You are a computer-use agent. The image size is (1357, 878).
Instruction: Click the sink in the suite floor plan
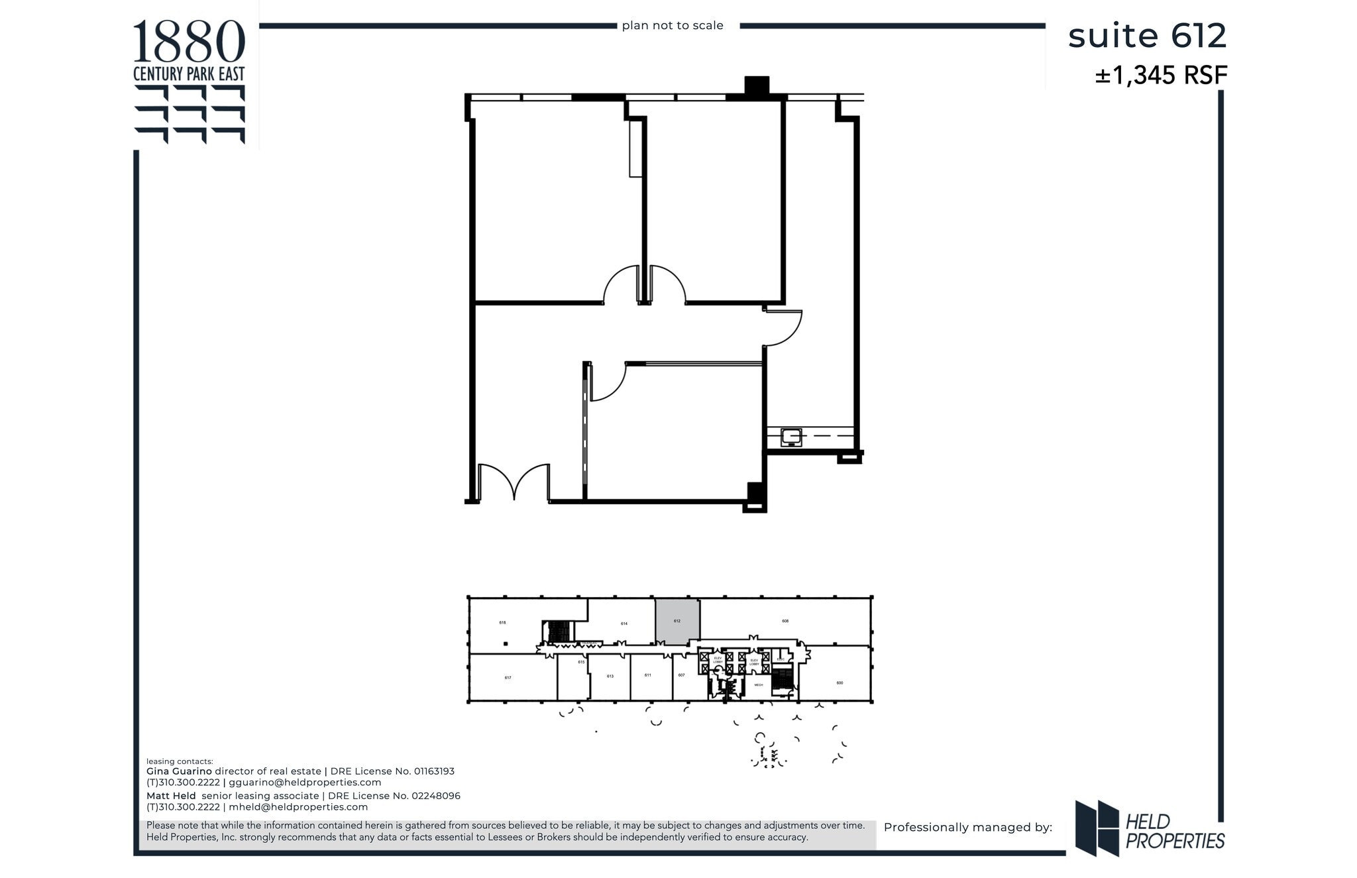(791, 437)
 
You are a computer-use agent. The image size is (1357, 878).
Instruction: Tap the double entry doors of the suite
(514, 482)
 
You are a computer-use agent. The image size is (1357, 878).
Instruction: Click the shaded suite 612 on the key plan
(677, 621)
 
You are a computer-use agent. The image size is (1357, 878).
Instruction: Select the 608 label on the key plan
(785, 621)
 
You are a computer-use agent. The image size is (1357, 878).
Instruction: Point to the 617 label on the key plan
(508, 678)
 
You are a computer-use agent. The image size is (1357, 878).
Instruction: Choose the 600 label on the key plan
(840, 683)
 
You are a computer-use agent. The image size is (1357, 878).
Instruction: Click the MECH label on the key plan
(759, 685)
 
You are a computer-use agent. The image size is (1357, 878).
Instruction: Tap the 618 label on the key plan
(502, 622)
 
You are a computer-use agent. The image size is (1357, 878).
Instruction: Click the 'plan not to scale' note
(673, 26)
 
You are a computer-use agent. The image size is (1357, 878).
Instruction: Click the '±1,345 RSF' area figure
(1161, 76)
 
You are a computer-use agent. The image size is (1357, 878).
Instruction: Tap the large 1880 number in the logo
(189, 41)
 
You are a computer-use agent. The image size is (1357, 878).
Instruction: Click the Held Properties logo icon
(1097, 828)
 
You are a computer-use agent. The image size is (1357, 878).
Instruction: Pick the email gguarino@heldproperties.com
(305, 782)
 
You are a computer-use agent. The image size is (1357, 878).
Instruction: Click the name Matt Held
(171, 796)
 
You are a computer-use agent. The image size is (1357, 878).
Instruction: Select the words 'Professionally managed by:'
(967, 827)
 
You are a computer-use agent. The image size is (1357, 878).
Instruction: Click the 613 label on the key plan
(610, 676)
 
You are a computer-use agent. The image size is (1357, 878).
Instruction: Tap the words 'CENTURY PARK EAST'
(189, 74)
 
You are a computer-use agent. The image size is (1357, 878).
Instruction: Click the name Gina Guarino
(179, 771)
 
